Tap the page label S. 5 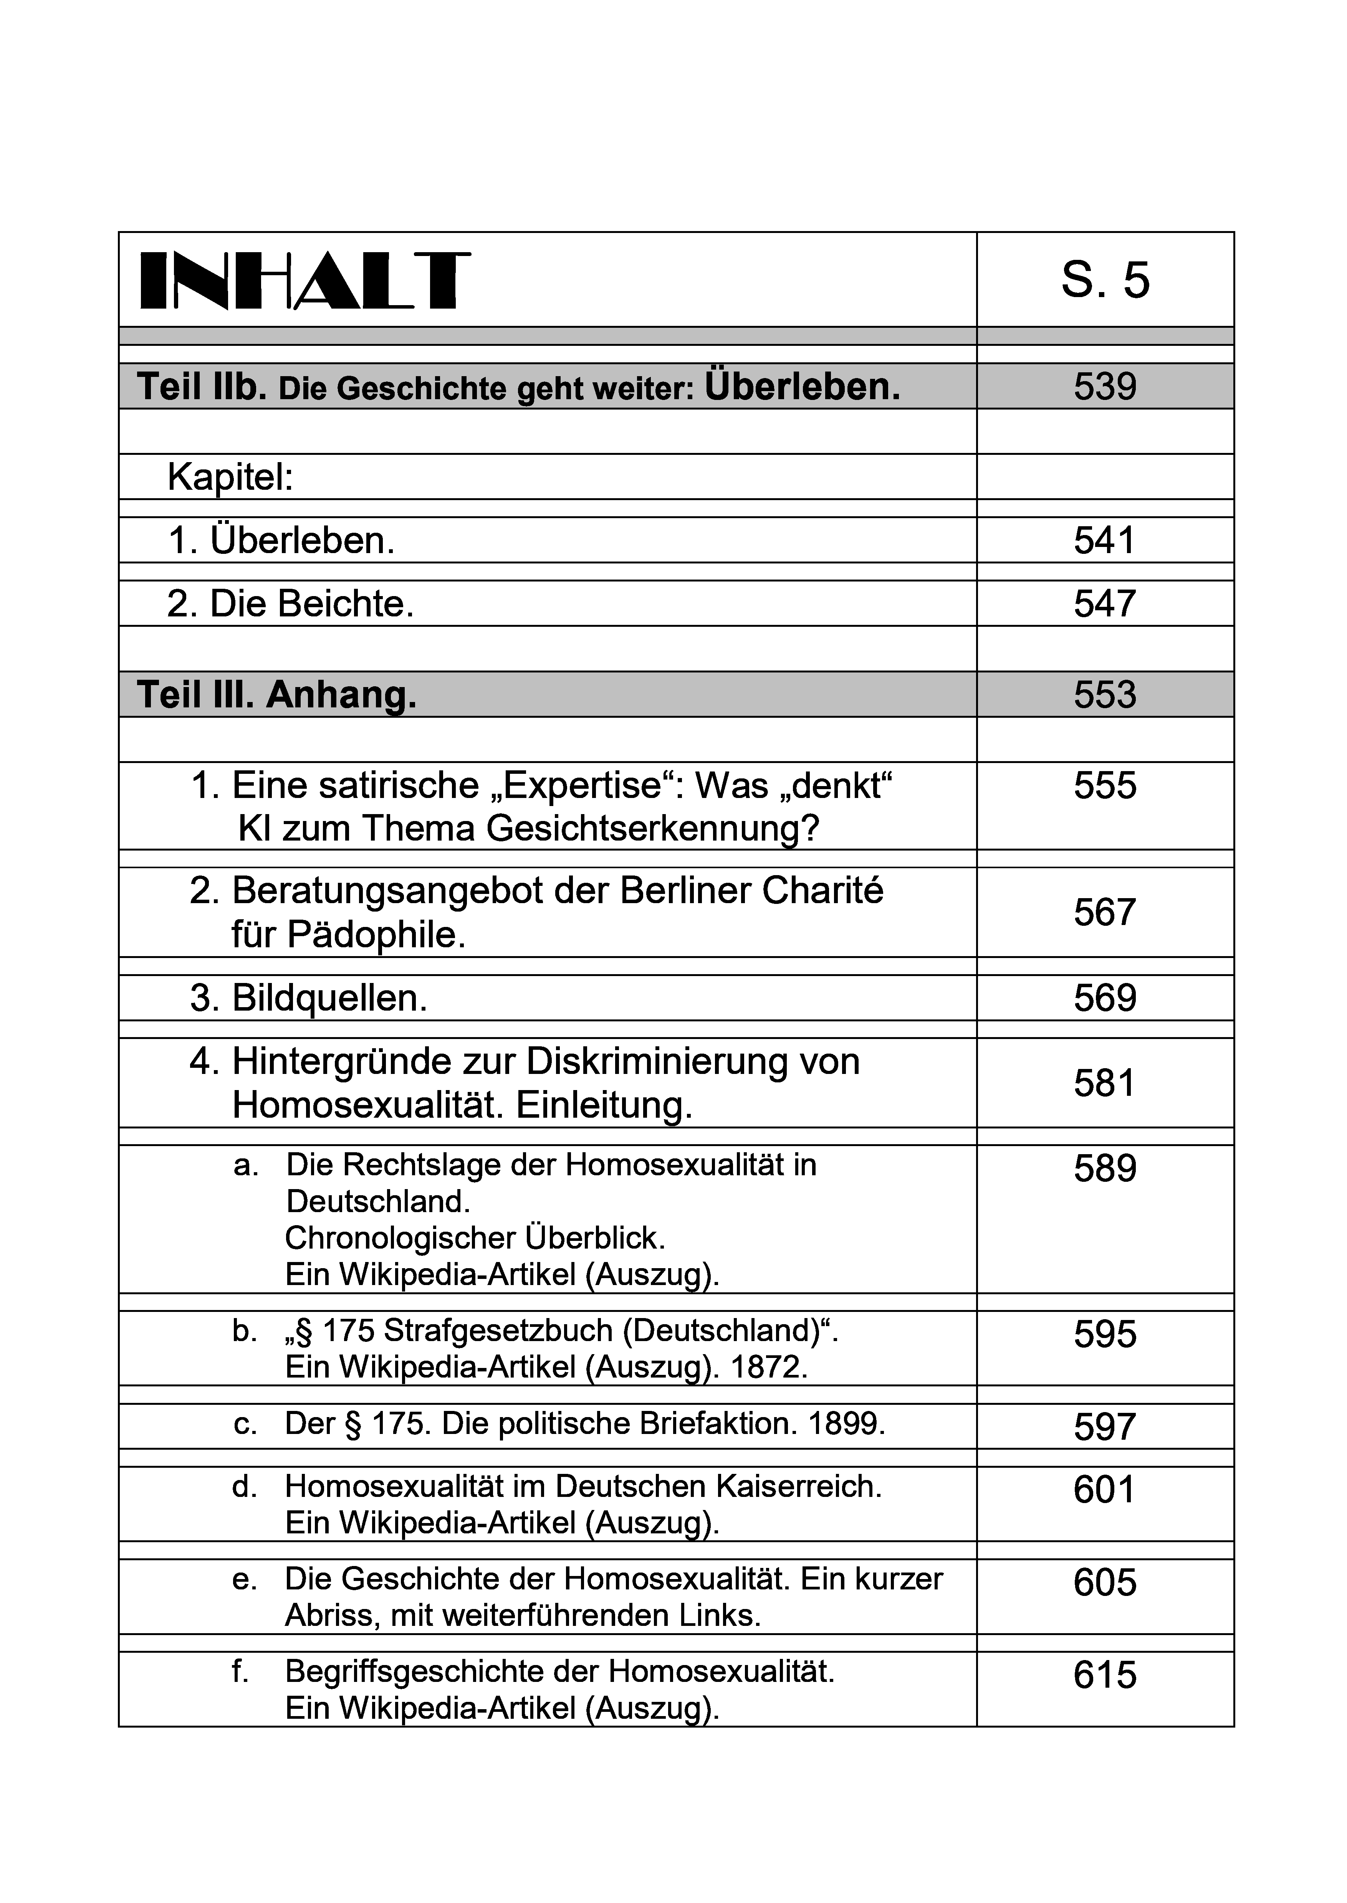point(1105,280)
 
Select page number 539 point(1105,387)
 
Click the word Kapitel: point(231,477)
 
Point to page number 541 point(1105,541)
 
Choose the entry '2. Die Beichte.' point(290,604)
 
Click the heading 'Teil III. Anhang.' point(276,695)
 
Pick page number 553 point(1105,695)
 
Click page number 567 point(1105,913)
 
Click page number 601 point(1105,1490)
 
